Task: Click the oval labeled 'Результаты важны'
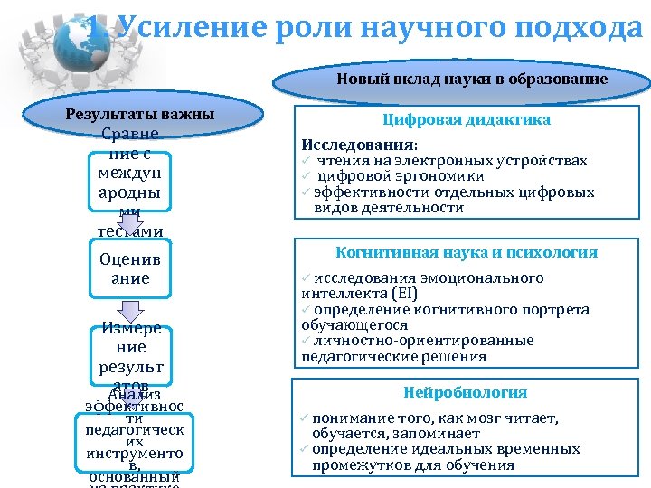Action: [x=140, y=115]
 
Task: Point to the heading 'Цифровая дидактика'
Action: [x=467, y=120]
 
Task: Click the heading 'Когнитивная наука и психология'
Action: [x=467, y=252]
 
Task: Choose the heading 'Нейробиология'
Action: [x=467, y=392]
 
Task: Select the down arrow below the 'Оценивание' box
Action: [x=131, y=313]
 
